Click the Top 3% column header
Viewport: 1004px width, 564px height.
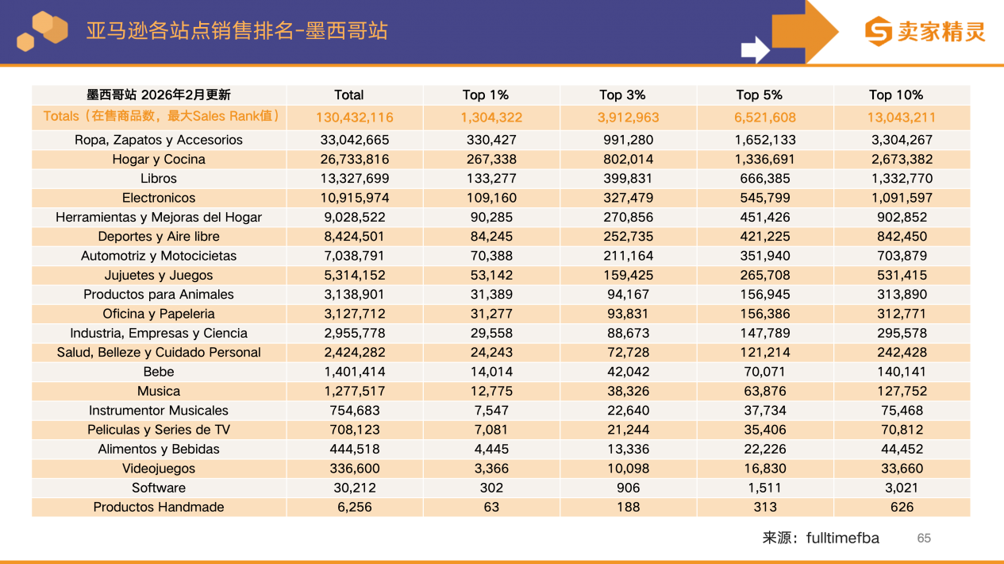click(x=622, y=95)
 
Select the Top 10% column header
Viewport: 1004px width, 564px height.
click(x=896, y=95)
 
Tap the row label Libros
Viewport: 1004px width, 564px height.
click(x=159, y=179)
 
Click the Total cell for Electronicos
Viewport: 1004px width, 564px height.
click(x=355, y=198)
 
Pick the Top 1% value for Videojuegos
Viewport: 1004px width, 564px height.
click(x=491, y=469)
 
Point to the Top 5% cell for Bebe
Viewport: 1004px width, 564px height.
click(x=765, y=372)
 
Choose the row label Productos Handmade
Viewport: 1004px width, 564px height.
click(x=159, y=508)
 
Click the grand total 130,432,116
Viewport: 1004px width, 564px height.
click(x=355, y=118)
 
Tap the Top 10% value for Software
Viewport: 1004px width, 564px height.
click(x=902, y=488)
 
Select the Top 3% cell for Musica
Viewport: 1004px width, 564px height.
click(x=628, y=391)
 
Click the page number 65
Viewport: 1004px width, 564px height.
click(x=924, y=539)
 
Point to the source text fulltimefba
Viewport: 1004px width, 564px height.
click(x=842, y=539)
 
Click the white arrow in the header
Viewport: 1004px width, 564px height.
click(x=755, y=49)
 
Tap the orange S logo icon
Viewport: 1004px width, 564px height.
click(x=879, y=32)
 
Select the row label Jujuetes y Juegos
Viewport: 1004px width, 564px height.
click(x=159, y=276)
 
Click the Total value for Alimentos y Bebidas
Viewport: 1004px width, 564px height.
click(x=355, y=450)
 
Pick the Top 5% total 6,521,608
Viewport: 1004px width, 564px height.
click(x=765, y=118)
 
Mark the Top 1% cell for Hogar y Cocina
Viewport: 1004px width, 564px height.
click(x=491, y=160)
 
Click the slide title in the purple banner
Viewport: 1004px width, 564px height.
click(x=237, y=31)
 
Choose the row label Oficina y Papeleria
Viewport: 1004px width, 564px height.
click(x=159, y=314)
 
